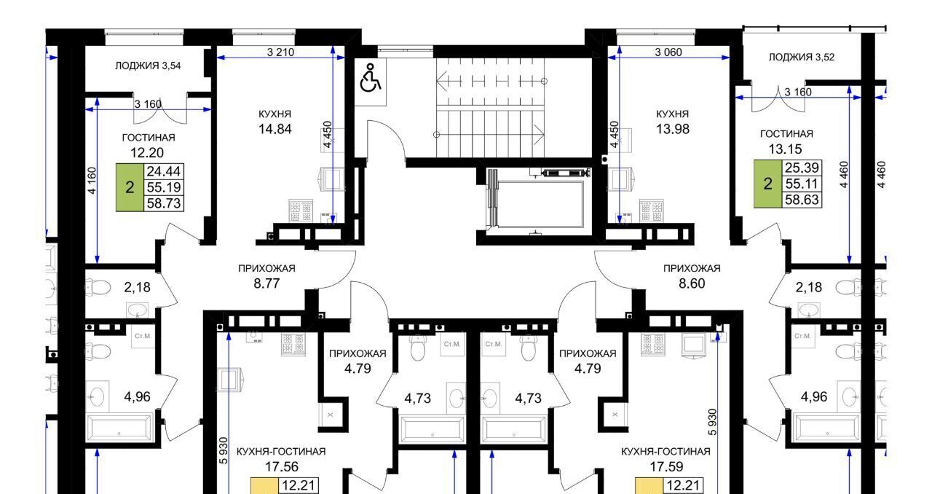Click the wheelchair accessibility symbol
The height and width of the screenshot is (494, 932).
coord(370,78)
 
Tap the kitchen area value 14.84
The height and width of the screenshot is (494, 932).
coord(275,129)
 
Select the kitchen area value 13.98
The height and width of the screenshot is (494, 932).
coord(673,129)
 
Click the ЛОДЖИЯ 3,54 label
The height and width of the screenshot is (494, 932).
coord(148,66)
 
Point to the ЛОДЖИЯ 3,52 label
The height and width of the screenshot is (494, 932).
coord(802,57)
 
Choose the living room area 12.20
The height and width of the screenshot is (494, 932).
coord(147,153)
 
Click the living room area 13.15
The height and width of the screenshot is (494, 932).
coord(785,149)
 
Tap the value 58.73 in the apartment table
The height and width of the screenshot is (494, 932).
coord(164,203)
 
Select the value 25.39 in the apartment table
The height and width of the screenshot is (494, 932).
coord(802,168)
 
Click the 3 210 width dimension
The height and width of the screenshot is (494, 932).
coord(280,52)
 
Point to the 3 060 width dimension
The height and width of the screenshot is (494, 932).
coord(668,52)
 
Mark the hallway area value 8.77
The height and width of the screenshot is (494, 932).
coord(266,283)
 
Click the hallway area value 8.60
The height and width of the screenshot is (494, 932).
coord(692,283)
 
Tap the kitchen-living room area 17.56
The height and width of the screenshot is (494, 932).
coord(282,466)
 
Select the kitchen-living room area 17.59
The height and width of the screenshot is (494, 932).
coord(666,466)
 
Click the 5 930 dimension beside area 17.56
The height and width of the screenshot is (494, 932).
coord(224,450)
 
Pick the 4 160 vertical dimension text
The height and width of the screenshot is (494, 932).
coord(92,181)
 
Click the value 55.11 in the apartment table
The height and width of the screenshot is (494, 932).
coord(802,184)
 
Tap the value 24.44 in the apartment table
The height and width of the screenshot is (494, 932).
coord(164,171)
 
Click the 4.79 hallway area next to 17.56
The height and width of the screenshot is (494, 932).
coord(358,369)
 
